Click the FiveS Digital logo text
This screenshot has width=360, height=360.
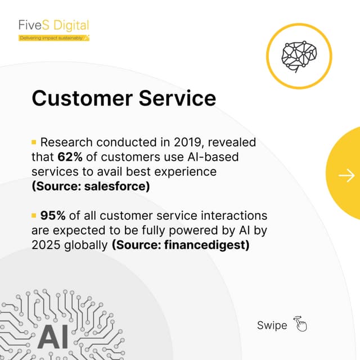[x=53, y=26]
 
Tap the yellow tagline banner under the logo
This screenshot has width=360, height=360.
[x=53, y=38]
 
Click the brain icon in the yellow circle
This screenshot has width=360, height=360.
[x=299, y=55]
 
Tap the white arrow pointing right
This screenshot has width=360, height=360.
[x=346, y=176]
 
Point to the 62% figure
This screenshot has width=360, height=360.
[x=70, y=156]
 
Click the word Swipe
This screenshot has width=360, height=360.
[x=272, y=325]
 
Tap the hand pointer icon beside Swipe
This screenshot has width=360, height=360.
[x=300, y=325]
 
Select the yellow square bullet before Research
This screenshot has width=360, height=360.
[x=34, y=142]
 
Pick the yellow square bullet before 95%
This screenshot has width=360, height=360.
[x=34, y=216]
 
